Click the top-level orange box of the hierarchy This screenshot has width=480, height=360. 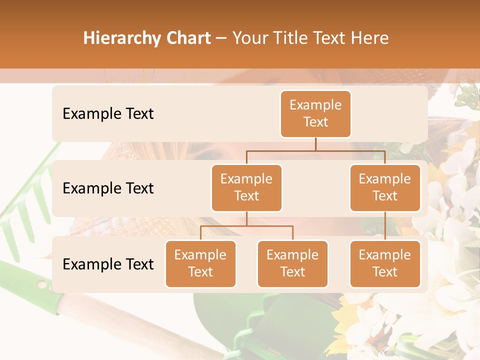[315, 113]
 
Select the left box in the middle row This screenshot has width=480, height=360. [246, 187]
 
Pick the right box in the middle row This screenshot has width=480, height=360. [385, 187]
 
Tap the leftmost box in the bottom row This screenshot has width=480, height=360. [200, 263]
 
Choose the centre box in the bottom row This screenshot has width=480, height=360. [292, 263]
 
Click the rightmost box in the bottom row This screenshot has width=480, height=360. [385, 263]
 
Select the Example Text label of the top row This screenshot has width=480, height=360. [108, 114]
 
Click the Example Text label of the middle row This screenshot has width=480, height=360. [108, 188]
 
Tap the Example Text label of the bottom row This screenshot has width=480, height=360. [108, 264]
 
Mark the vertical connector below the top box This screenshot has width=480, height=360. [315, 144]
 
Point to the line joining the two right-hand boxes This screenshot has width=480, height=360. [385, 225]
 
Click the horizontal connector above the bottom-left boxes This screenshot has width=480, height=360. [246, 226]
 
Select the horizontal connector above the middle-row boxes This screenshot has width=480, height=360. [315, 150]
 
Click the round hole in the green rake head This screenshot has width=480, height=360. [42, 284]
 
